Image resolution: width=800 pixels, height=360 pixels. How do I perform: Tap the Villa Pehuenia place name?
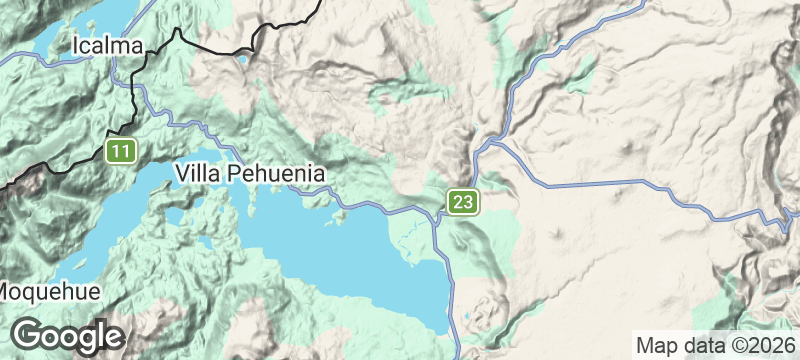tap(250, 173)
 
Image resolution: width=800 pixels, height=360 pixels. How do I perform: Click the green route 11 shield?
tap(121, 152)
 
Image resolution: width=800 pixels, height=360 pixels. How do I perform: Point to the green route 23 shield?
tap(462, 203)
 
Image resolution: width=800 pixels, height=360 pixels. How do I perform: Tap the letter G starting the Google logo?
tap(29, 335)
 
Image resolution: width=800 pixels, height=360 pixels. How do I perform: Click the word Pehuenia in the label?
tap(276, 173)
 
